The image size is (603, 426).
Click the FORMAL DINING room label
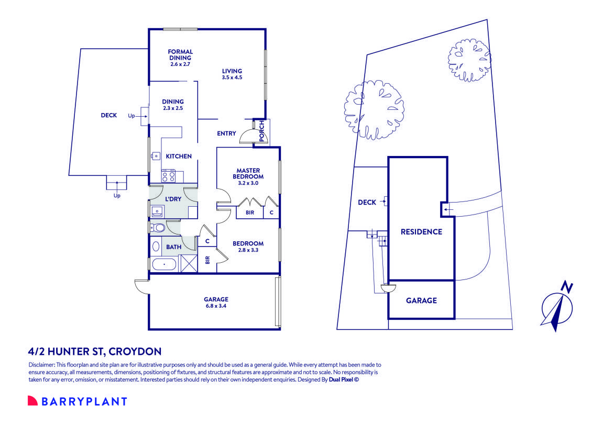coord(180,55)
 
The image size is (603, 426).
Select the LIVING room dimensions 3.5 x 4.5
coord(232,77)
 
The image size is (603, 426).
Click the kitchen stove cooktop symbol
coord(168,176)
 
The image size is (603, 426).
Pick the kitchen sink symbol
coord(156,155)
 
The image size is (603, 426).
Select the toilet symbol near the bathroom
coord(158,228)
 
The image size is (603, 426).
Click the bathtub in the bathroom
coord(165,264)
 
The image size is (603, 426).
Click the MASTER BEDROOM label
coord(248,173)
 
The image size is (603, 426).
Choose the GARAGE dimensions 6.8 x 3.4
coord(216,306)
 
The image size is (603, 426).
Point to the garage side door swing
coord(141,286)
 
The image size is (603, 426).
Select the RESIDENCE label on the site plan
coord(421,232)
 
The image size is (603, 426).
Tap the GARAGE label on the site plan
coord(421,300)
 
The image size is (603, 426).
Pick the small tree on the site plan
coord(465,55)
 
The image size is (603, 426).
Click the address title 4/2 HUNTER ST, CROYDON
coord(94,351)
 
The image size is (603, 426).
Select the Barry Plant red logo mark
coord(32,401)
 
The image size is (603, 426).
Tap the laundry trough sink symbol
coord(157,212)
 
